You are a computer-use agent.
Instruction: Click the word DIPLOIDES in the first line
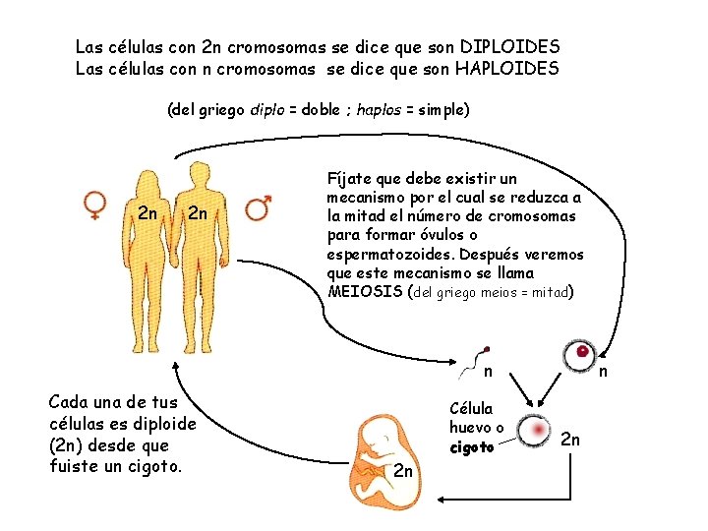click(x=509, y=47)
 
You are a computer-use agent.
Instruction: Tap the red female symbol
click(x=95, y=206)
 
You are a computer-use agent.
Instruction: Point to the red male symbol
click(x=259, y=206)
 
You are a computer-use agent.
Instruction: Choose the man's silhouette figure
click(x=201, y=256)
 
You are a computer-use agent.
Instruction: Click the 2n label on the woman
click(x=148, y=213)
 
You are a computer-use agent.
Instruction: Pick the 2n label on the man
click(x=198, y=213)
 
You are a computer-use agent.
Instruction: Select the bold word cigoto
click(x=471, y=447)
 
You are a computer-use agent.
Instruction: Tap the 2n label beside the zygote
click(x=570, y=440)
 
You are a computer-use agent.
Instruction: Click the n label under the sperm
click(x=488, y=372)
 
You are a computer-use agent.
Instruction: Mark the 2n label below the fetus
click(x=403, y=472)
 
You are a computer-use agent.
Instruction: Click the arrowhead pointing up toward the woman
click(x=174, y=364)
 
